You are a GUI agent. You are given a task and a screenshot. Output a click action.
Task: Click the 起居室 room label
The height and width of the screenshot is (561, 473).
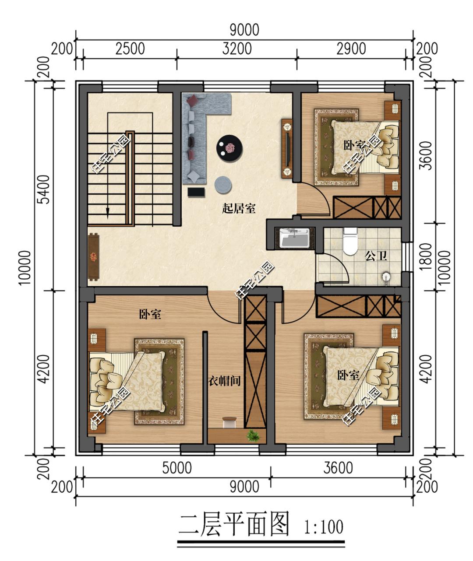tap(239, 208)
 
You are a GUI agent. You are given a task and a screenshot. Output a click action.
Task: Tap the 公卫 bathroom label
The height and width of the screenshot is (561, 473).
tap(376, 256)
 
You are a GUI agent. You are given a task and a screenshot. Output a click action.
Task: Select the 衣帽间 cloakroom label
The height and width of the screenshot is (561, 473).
tap(224, 381)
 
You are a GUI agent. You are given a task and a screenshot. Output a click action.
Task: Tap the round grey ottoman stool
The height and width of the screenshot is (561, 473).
tap(223, 185)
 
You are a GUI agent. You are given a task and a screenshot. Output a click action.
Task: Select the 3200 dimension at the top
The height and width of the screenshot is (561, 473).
tap(237, 49)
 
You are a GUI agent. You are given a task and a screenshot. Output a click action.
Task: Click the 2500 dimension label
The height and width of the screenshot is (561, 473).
tap(130, 49)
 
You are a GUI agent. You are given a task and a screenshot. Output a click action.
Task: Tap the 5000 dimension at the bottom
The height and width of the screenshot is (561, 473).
tap(176, 468)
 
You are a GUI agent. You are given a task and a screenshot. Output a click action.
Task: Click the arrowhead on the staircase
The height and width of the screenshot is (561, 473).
tap(108, 212)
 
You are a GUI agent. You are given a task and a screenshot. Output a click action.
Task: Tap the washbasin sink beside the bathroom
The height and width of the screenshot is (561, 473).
tap(295, 238)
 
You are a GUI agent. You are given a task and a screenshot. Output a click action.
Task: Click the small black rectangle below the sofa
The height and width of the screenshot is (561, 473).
tap(196, 193)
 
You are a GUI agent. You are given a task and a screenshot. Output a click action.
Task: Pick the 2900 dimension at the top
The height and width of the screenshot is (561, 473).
tap(351, 49)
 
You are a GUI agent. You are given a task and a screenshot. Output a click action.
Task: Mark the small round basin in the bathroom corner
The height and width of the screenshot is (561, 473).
tap(386, 277)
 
